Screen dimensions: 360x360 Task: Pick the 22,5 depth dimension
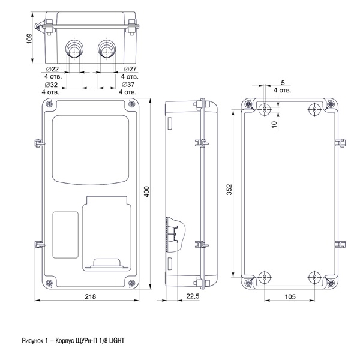tap(193, 296)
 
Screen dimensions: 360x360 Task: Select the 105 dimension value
tap(289, 296)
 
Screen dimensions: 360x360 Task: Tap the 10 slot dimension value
tap(274, 124)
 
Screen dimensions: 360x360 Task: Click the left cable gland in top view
tap(74, 48)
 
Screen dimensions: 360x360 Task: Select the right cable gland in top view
tap(106, 48)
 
